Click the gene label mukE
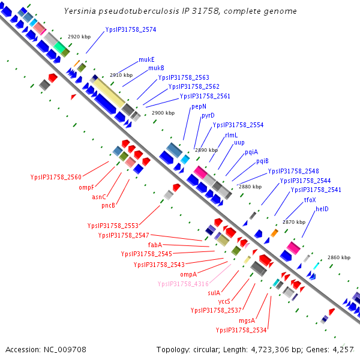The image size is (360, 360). click(147, 59)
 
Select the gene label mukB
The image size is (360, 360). click(157, 68)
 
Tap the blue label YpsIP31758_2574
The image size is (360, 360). click(131, 29)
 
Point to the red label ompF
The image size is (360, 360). click(87, 187)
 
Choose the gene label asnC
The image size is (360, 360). click(99, 196)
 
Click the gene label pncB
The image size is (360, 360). click(108, 206)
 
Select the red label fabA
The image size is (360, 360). click(155, 245)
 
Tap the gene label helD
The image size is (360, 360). click(323, 209)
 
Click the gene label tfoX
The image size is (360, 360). click(310, 200)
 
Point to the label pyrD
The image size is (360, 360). click(208, 115)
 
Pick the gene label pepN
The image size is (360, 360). click(199, 106)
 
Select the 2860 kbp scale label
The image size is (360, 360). click(338, 257)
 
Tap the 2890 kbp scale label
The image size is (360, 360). click(206, 150)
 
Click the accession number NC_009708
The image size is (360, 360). click(46, 349)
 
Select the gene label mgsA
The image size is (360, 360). click(248, 320)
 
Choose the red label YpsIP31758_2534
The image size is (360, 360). click(241, 329)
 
